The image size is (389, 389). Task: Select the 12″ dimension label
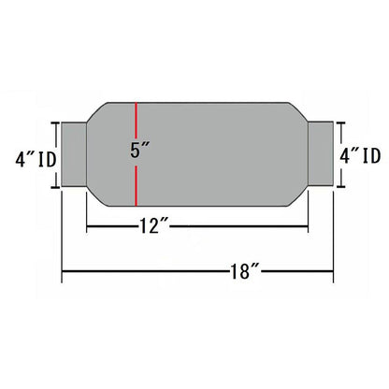click(151, 224)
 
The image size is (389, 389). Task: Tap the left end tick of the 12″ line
click(86, 224)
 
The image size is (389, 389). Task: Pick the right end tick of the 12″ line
click(309, 224)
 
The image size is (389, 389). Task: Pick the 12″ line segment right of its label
click(243, 224)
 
